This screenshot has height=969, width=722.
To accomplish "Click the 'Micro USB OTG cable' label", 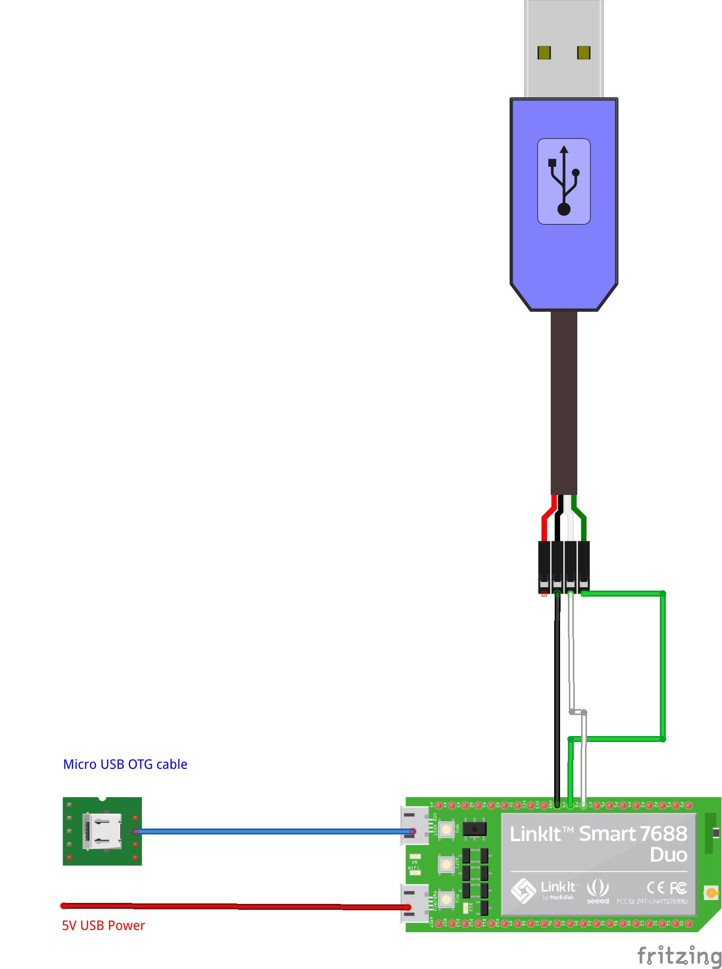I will pyautogui.click(x=125, y=764).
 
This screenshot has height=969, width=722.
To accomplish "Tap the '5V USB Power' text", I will pyautogui.click(x=103, y=925).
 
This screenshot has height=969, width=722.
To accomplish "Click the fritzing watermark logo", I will pyautogui.click(x=679, y=955).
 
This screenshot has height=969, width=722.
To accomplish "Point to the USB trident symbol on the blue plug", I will pyautogui.click(x=564, y=181).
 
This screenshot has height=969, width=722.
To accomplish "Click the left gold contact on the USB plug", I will pyautogui.click(x=544, y=52).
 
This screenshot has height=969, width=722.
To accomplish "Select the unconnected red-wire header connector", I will pyautogui.click(x=544, y=568).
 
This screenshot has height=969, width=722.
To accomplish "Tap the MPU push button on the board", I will pyautogui.click(x=446, y=830).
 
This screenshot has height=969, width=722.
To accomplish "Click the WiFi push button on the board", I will pyautogui.click(x=446, y=864).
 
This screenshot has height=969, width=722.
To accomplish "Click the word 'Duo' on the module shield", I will pyautogui.click(x=669, y=855).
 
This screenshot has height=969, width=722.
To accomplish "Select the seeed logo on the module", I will pyautogui.click(x=598, y=891).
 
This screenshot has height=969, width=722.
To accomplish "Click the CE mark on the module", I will pyautogui.click(x=655, y=887).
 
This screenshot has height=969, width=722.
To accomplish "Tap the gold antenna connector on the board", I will pyautogui.click(x=711, y=893).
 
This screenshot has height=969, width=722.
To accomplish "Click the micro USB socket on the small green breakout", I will pyautogui.click(x=102, y=831).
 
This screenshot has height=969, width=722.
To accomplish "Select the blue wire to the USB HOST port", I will pyautogui.click(x=274, y=831).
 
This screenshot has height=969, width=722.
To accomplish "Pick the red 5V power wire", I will pyautogui.click(x=235, y=906).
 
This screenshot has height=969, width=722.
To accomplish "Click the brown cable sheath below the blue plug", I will pyautogui.click(x=564, y=401).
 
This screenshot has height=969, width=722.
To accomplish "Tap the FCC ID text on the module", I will pyautogui.click(x=652, y=901).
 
